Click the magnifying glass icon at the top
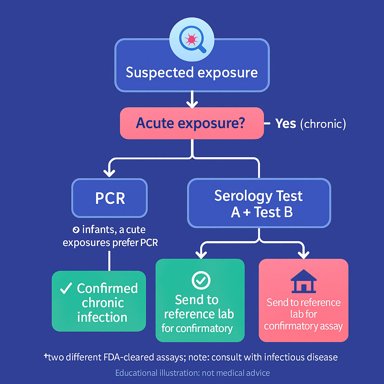click(192, 40)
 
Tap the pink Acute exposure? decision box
click(192, 123)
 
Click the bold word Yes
click(286, 123)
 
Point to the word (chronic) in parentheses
click(323, 124)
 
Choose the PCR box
click(109, 198)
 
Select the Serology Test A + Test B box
click(259, 204)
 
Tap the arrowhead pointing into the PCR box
click(109, 173)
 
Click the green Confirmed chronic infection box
click(99, 301)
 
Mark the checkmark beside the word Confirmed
click(66, 289)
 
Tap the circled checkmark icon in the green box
click(201, 280)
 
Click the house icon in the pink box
click(303, 281)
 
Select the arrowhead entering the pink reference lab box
click(303, 255)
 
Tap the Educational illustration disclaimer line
click(192, 373)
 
